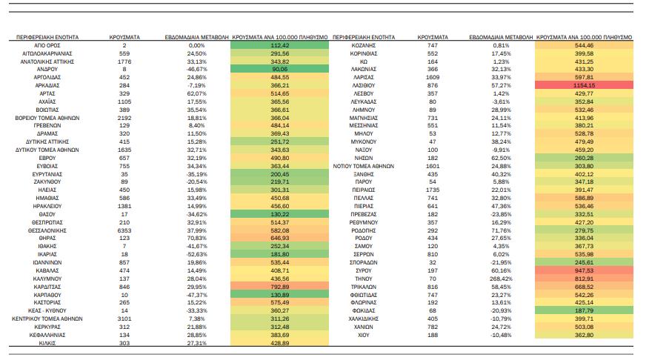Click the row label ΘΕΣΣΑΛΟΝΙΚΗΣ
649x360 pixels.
[x=47, y=230]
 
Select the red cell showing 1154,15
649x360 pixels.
[x=584, y=85]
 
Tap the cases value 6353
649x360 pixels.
[x=124, y=230]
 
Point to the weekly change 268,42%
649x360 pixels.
[x=501, y=279]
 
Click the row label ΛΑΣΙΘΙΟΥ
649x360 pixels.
[x=364, y=85]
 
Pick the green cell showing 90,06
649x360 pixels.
[x=279, y=69]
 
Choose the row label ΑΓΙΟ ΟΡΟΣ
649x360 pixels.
[x=47, y=45]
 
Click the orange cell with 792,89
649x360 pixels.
[x=279, y=287]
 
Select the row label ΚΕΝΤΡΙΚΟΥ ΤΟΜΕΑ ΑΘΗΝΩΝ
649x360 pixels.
[x=47, y=319]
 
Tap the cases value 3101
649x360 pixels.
[x=124, y=319]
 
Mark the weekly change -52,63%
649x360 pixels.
[x=196, y=255]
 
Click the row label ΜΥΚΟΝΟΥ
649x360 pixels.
[x=364, y=142]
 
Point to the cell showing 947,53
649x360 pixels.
[x=584, y=270]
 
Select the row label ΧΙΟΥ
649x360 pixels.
[x=364, y=335]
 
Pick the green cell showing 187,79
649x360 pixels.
[x=584, y=311]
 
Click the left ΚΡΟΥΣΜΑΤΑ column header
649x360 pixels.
[x=124, y=37]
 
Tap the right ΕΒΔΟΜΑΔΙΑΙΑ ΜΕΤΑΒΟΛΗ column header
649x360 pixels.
[x=501, y=37]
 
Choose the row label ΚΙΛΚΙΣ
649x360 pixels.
[x=47, y=344]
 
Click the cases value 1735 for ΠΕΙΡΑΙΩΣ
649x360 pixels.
[x=433, y=190]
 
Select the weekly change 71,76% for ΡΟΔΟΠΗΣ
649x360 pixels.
[x=501, y=230]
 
